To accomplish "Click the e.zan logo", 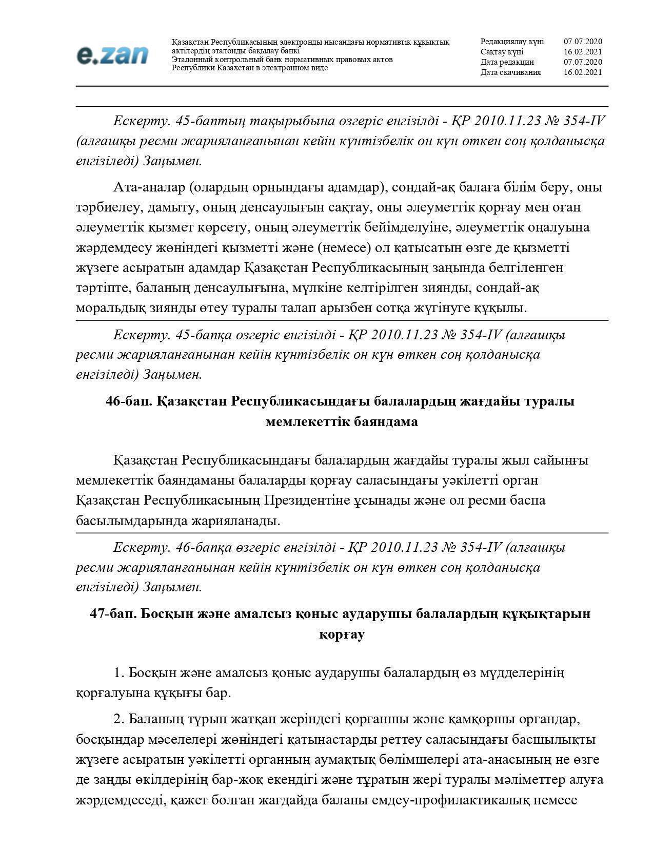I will pyautogui.click(x=112, y=55).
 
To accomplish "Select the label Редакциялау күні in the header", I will pyautogui.click(x=511, y=42).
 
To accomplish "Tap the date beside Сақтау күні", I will pyautogui.click(x=583, y=52).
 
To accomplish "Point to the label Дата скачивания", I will pyautogui.click(x=510, y=72).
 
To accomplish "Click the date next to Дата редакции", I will pyautogui.click(x=583, y=62).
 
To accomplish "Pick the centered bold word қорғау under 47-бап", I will pyautogui.click(x=342, y=634).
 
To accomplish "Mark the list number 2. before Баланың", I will pyautogui.click(x=119, y=719).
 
